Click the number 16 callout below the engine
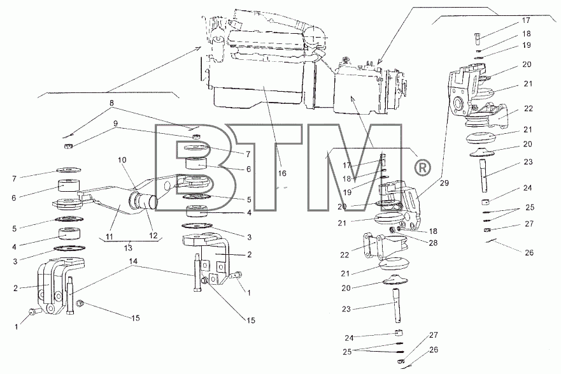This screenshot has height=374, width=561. (x=282, y=173)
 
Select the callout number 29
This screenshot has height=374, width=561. (x=444, y=183)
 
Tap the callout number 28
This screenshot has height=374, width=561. (x=433, y=243)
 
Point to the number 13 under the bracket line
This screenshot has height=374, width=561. (x=128, y=248)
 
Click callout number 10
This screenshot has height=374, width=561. (x=122, y=160)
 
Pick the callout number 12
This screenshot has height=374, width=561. (x=153, y=236)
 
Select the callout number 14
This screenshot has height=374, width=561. (x=133, y=262)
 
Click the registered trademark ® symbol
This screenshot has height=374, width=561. (x=422, y=168)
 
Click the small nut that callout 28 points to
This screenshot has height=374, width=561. (x=392, y=229)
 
